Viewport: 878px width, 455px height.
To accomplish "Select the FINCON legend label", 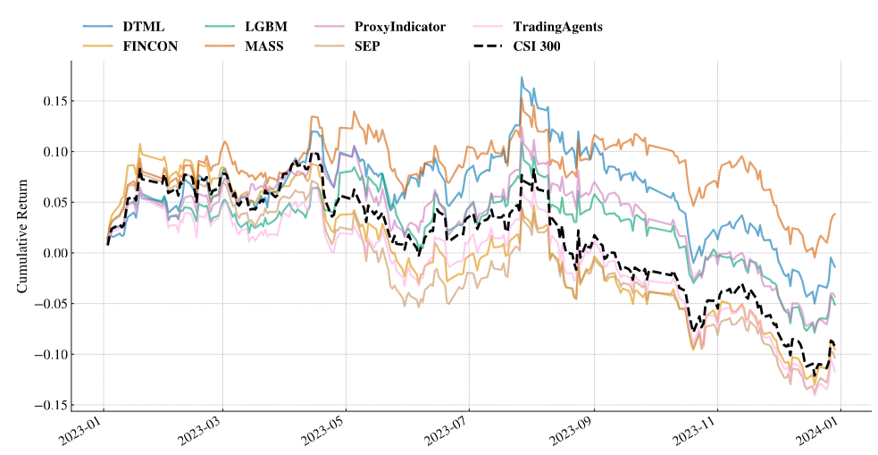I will point(150,46).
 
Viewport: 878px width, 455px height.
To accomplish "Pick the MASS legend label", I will point(263,46).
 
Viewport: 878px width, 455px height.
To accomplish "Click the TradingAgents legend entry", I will point(557,27).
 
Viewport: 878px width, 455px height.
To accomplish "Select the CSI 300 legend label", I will point(537,46).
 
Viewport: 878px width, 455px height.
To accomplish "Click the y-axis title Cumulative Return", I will point(23,235).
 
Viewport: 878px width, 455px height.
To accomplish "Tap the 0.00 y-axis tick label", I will point(55,253).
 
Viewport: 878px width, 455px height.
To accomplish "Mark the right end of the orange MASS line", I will point(835,214).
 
